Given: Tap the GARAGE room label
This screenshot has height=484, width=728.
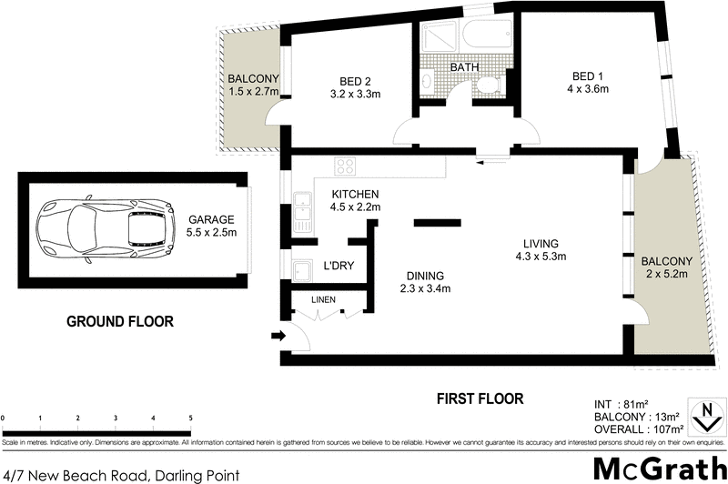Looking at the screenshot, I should click(x=211, y=219).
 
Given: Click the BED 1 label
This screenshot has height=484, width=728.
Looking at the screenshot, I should click(x=584, y=76).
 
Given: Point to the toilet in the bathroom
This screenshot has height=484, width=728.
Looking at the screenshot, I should click(x=489, y=86).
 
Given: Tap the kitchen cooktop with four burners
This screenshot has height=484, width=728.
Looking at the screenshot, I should click(x=346, y=166).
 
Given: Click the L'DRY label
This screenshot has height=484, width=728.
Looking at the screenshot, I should click(x=339, y=267).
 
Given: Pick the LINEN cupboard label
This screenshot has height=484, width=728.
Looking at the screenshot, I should click(x=323, y=299).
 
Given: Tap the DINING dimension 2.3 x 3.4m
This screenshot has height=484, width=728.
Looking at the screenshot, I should click(x=426, y=289).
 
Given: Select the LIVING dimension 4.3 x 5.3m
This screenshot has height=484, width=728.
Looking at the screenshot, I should click(x=540, y=257).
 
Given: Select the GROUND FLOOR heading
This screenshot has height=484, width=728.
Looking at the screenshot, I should click(x=119, y=321).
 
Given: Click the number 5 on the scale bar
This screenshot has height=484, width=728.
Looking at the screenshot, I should click(x=190, y=418).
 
